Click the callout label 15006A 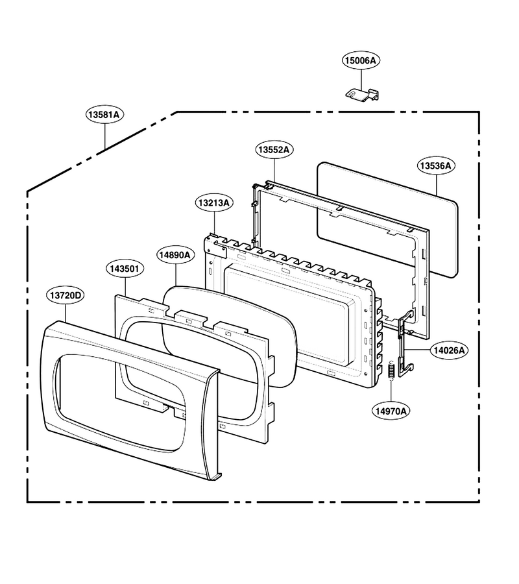(361, 61)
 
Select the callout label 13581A (105, 114)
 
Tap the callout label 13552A (274, 150)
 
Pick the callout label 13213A (214, 203)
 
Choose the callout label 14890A (175, 255)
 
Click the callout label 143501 (125, 269)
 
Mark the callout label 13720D (66, 295)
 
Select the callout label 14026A (450, 350)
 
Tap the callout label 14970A (391, 411)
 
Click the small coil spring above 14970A (391, 371)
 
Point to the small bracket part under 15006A (362, 94)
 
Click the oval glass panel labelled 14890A (230, 336)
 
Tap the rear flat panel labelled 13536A (387, 220)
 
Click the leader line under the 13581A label (105, 136)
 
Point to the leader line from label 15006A (361, 79)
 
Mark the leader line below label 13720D (66, 313)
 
